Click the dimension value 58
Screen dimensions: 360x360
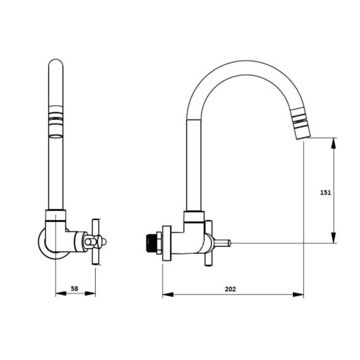click(74, 289)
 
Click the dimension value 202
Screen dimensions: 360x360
click(230, 289)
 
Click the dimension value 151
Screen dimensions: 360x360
click(326, 192)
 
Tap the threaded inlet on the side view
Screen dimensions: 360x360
click(151, 243)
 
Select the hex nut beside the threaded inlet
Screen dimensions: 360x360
click(159, 243)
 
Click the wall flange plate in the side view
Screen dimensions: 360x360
click(167, 243)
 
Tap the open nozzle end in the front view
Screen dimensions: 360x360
click(56, 136)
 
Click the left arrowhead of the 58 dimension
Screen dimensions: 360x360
click(61, 294)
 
